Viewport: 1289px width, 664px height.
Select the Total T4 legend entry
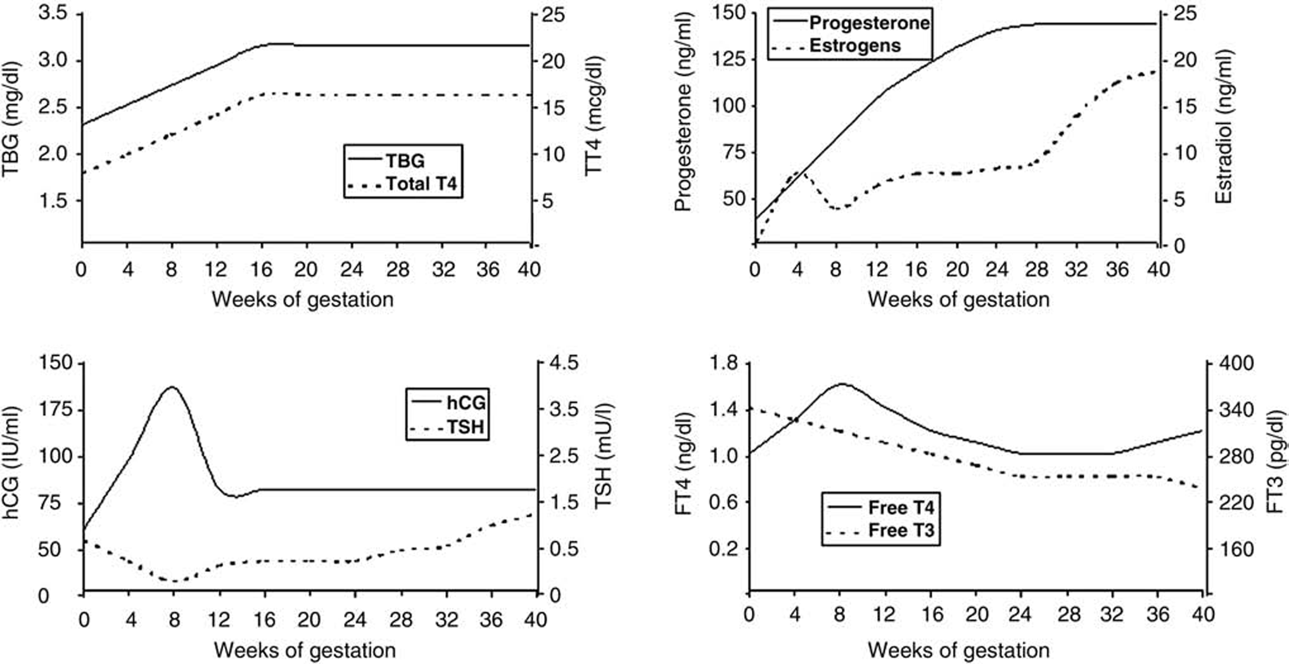pyautogui.click(x=421, y=184)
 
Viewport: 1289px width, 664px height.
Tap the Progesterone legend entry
pyautogui.click(x=869, y=23)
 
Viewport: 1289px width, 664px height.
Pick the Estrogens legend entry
pyautogui.click(x=854, y=46)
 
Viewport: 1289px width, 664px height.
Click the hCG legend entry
pyautogui.click(x=466, y=402)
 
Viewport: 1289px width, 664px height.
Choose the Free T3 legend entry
pyautogui.click(x=901, y=530)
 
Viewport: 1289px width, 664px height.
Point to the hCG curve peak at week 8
pyautogui.click(x=171, y=386)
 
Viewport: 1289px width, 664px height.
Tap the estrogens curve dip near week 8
pyautogui.click(x=837, y=208)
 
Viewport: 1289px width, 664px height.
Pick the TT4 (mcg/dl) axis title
pyautogui.click(x=594, y=114)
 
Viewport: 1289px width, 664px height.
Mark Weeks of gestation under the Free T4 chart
pyautogui.click(x=958, y=650)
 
